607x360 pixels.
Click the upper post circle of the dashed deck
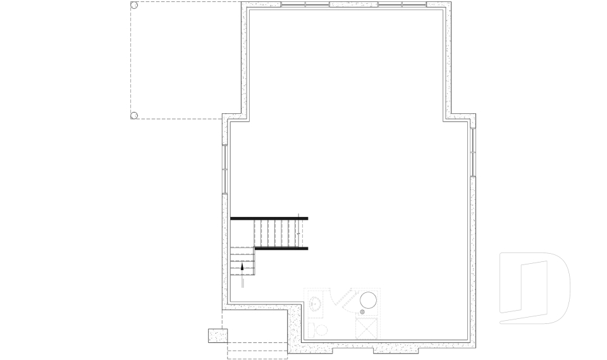(134, 6)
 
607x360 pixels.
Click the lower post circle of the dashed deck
(134, 115)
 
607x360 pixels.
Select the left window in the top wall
(305, 5)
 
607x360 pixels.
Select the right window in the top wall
(402, 5)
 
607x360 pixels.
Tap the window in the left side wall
(225, 168)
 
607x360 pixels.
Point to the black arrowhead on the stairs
(242, 267)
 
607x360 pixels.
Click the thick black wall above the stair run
(269, 218)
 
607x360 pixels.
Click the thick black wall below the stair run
(281, 249)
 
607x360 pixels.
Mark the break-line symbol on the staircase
(297, 233)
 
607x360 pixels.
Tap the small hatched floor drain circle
(362, 313)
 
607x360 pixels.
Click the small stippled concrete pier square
(217, 335)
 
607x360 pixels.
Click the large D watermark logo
(534, 288)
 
